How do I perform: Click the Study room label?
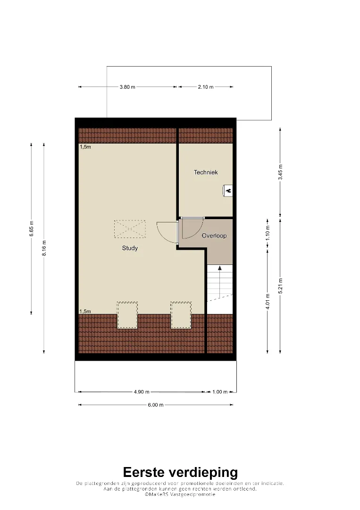click(x=130, y=248)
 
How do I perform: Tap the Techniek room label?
click(x=206, y=172)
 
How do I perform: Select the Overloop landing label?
click(x=214, y=236)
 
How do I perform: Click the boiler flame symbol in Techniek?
click(x=228, y=191)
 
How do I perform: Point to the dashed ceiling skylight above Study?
click(x=130, y=229)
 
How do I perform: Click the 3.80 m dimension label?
click(x=127, y=87)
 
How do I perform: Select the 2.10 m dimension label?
click(x=206, y=87)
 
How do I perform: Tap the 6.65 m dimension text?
click(x=32, y=229)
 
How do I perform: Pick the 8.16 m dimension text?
click(x=44, y=248)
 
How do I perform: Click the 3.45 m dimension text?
click(x=280, y=172)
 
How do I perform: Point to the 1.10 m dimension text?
click(x=268, y=233)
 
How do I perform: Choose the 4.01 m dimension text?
click(x=268, y=301)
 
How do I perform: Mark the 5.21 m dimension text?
click(x=280, y=286)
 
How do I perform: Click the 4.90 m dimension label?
click(x=142, y=392)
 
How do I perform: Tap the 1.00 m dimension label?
click(x=220, y=392)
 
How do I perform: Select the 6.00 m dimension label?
click(x=156, y=405)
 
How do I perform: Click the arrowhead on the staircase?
click(x=220, y=268)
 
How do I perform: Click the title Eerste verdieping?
click(x=180, y=472)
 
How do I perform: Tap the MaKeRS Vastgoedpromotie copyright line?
click(x=180, y=494)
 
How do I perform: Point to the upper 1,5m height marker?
click(x=85, y=147)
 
